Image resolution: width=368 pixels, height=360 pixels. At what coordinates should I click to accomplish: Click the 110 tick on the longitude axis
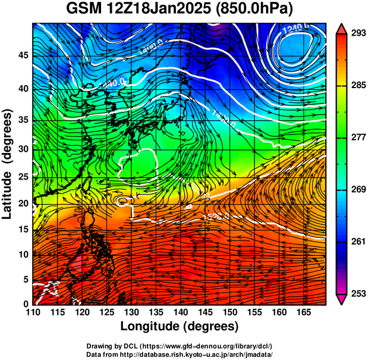tap(33, 312)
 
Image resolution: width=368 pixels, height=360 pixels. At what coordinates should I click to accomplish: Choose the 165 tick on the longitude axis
tap(303, 312)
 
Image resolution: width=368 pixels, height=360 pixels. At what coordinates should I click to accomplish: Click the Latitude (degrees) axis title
tap(8, 163)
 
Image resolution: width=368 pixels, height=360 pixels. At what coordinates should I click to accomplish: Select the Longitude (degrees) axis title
tap(180, 327)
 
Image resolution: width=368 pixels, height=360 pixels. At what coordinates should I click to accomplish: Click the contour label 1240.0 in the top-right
tap(295, 27)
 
